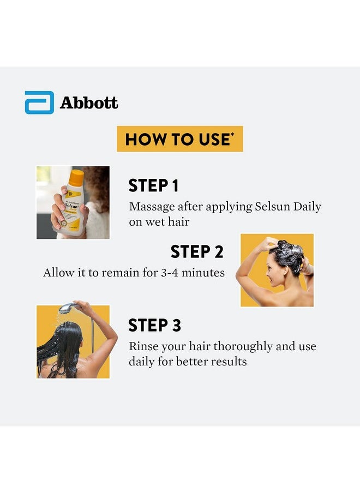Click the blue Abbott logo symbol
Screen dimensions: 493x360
39,103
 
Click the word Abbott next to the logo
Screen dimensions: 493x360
89,103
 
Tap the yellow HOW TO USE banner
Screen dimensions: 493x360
179,139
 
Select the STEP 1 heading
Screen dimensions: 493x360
153,186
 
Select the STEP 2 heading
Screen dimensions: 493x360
196,252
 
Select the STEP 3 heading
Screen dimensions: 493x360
154,326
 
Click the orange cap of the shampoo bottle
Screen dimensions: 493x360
77,177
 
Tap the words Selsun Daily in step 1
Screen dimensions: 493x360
288,207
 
